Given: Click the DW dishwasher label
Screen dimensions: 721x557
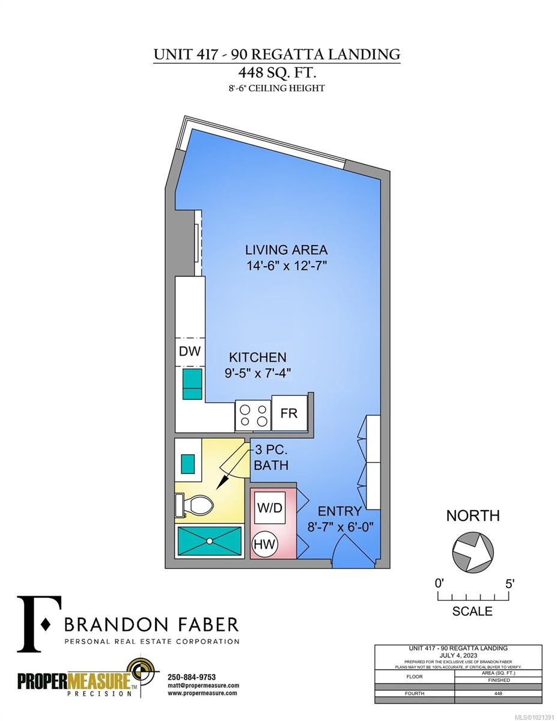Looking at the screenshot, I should (190, 351).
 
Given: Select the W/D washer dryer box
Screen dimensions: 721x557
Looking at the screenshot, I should (269, 508).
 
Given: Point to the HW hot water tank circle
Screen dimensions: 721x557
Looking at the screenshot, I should (265, 544).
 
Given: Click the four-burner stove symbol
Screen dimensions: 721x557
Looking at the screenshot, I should (252, 415).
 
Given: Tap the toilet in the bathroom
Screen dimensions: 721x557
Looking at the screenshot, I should (196, 505).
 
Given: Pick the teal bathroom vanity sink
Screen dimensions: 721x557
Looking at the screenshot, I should (188, 462).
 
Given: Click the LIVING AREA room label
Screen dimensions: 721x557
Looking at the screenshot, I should (286, 250).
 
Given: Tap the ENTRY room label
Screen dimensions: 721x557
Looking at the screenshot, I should (339, 511).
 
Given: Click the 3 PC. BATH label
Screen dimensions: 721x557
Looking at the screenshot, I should (271, 457).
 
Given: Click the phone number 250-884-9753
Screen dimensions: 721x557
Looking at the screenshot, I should (191, 677).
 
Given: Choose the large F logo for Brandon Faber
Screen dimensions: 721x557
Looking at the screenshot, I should (38, 624).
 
